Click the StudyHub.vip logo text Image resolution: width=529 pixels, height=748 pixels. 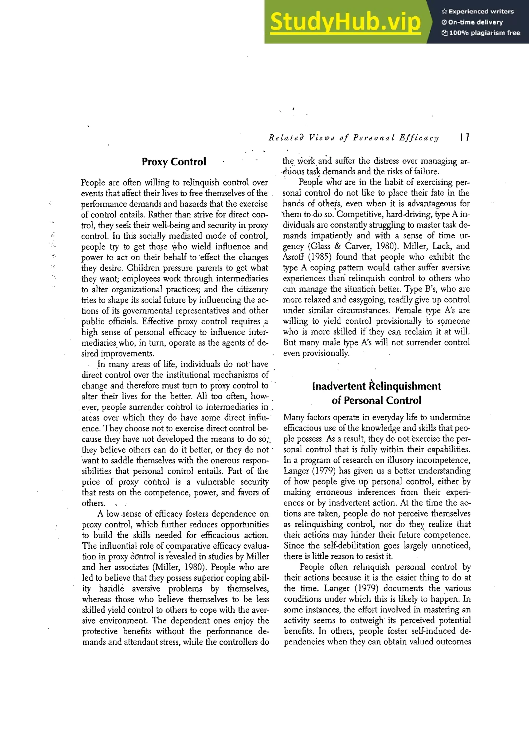[x=345, y=22]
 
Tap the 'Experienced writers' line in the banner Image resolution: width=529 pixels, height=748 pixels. [x=478, y=11]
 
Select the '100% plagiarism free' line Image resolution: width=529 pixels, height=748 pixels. [x=481, y=33]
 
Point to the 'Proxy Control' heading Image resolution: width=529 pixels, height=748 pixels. [x=174, y=162]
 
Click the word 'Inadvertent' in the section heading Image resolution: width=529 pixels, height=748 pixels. [x=339, y=386]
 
